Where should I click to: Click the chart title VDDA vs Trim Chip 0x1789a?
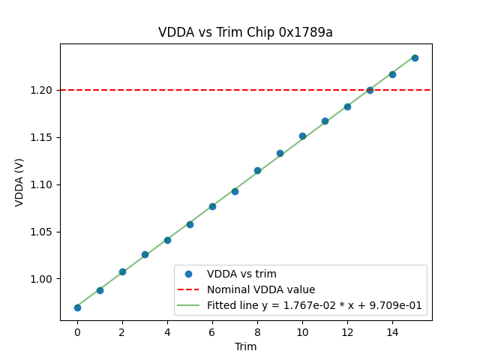(245, 32)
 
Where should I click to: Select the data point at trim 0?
(77, 307)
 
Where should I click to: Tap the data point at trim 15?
(415, 58)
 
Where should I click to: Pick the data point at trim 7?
(235, 191)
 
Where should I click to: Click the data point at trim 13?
(370, 90)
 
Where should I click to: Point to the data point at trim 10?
(302, 136)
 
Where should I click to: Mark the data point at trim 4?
(167, 240)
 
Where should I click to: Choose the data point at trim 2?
(122, 271)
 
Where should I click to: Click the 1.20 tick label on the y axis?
(43, 90)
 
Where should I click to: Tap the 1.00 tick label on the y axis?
(43, 279)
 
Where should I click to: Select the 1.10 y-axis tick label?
(43, 184)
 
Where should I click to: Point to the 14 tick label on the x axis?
(392, 331)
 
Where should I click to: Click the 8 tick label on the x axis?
(257, 331)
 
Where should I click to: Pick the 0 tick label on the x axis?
(77, 331)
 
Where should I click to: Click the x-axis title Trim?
(245, 346)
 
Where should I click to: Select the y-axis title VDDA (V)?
(19, 182)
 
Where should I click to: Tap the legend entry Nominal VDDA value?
(261, 289)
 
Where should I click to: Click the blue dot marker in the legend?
(189, 274)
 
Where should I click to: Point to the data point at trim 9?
(280, 153)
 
